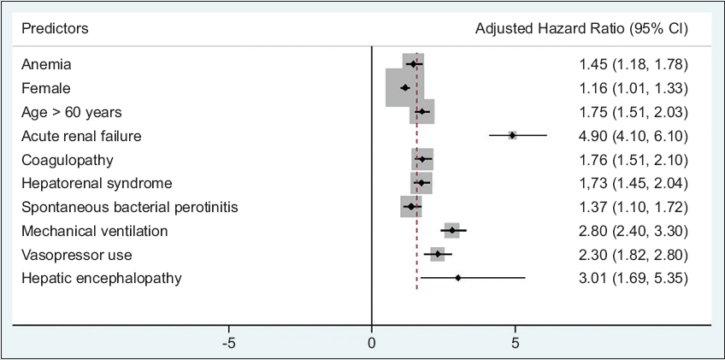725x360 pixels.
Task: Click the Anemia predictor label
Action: tap(46, 64)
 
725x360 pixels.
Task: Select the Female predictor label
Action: tap(46, 88)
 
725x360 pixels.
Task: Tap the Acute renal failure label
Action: tap(81, 136)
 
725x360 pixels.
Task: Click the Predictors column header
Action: tap(55, 29)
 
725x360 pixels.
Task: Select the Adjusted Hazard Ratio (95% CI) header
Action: tap(581, 29)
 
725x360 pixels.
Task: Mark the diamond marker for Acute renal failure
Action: tap(512, 135)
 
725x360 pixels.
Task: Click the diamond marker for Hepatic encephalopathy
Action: tap(458, 278)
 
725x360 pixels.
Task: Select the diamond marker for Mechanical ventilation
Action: tap(452, 230)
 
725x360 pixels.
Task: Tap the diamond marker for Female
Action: tap(405, 87)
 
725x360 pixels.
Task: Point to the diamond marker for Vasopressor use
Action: tap(438, 254)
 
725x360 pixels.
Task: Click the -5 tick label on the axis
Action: tap(229, 343)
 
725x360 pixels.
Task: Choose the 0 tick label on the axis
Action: tap(372, 343)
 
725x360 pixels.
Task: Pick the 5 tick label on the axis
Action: tap(515, 343)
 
